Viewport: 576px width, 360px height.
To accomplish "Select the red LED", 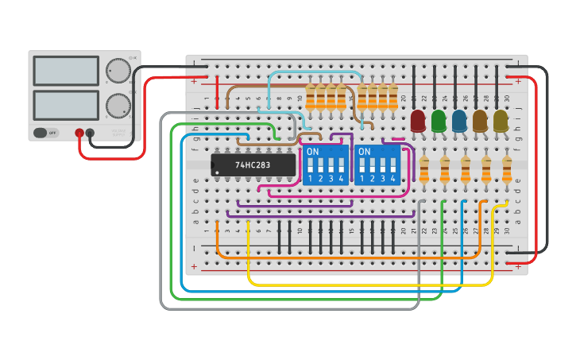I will pos(418,120).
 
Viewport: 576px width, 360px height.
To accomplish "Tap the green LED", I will pos(439,120).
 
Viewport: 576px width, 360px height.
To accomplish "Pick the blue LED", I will pos(459,120).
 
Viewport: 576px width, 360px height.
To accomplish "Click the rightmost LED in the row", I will pos(501,120).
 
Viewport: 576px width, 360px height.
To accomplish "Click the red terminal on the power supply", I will pos(79,133).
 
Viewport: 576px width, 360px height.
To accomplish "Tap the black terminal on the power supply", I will pos(90,133).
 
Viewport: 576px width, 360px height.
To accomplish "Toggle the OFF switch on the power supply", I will pos(46,133).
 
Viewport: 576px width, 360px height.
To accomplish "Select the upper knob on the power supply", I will pos(118,71).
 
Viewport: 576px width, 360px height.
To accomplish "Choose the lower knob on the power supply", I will pos(118,105).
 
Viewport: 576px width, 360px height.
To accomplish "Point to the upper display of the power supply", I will pos(66,71).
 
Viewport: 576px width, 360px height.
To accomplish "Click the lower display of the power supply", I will pos(66,105).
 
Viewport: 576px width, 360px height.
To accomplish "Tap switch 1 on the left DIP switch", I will pos(311,166).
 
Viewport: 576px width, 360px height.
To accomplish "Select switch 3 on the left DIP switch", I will pos(331,166).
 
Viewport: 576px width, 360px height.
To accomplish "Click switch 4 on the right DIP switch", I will pos(392,166).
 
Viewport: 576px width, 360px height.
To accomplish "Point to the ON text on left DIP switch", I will pos(312,151).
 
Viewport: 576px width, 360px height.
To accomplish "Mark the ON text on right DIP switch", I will pos(364,151).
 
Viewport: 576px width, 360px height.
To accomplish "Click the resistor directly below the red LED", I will pos(424,168).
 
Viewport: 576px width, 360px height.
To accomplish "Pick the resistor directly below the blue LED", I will pos(466,168).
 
